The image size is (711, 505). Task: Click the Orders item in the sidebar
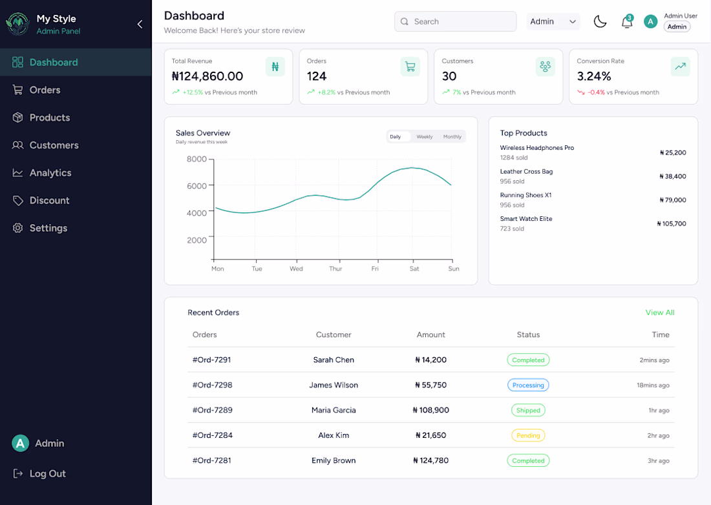point(36,90)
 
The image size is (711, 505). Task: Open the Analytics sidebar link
point(42,172)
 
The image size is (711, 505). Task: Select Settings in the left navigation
point(40,228)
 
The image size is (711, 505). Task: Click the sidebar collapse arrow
point(140,24)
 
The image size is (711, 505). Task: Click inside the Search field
point(455,21)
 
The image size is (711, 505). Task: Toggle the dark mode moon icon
point(600,21)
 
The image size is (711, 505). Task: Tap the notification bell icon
point(627,21)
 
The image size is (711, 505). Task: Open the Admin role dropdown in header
point(553,21)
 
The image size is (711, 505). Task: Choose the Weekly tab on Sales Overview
point(425,136)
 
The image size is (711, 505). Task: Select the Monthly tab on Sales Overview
point(452,136)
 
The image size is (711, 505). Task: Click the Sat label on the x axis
point(414,269)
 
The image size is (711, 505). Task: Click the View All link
point(660,313)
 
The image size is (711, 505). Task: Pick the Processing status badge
point(528,385)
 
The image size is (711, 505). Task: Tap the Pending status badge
point(528,435)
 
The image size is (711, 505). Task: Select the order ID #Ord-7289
point(212,410)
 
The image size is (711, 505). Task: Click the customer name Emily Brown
point(334,460)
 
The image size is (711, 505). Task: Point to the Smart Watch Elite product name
point(526,219)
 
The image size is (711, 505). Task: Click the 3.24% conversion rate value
point(594,76)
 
